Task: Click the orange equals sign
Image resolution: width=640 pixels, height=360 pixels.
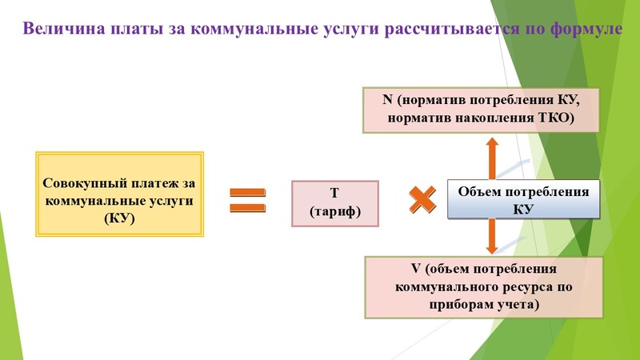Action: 248,200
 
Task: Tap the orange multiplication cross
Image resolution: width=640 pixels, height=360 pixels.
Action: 422,199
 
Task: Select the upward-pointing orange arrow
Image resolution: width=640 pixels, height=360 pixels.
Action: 492,158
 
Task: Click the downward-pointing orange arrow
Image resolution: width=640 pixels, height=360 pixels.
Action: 492,236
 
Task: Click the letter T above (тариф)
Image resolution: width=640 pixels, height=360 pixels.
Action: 334,193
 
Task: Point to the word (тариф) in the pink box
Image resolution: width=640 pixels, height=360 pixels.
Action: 335,211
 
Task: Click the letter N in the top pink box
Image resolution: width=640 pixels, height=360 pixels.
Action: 387,99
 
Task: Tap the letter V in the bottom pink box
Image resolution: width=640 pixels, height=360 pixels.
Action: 415,269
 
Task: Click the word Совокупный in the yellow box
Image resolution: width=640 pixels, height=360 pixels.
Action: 85,183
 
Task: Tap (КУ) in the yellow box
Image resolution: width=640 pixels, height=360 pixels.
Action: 119,218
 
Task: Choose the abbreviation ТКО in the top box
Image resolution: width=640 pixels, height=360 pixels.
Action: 557,118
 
